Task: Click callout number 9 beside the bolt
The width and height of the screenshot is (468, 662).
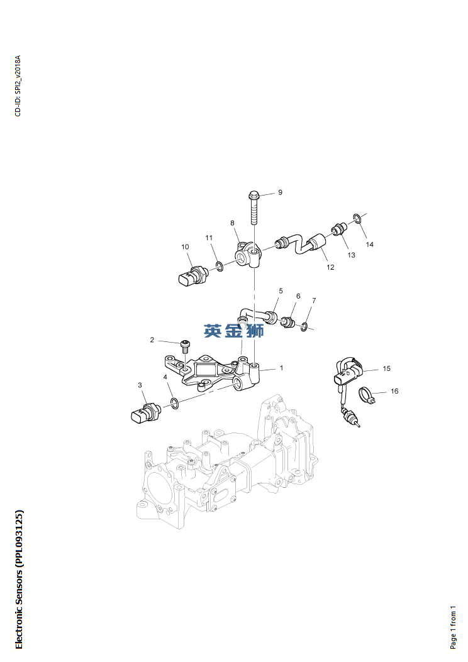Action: (x=281, y=192)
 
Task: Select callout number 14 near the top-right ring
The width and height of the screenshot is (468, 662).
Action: (x=369, y=244)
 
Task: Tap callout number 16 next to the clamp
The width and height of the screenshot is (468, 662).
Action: (x=394, y=391)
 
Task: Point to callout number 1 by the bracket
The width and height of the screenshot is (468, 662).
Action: (x=281, y=368)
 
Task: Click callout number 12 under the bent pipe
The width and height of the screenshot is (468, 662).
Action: (x=330, y=267)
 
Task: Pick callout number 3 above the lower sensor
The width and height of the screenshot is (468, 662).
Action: (x=140, y=385)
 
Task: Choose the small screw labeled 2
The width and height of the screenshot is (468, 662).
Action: (x=185, y=345)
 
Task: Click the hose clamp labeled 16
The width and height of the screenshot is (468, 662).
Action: (x=367, y=396)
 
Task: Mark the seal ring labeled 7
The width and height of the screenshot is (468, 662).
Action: (x=304, y=326)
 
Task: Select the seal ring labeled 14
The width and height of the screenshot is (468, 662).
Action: (x=357, y=219)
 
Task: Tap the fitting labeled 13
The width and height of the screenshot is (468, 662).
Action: (x=340, y=228)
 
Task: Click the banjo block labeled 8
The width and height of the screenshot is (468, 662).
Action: (x=246, y=254)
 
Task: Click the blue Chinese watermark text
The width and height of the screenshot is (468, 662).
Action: (x=233, y=331)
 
